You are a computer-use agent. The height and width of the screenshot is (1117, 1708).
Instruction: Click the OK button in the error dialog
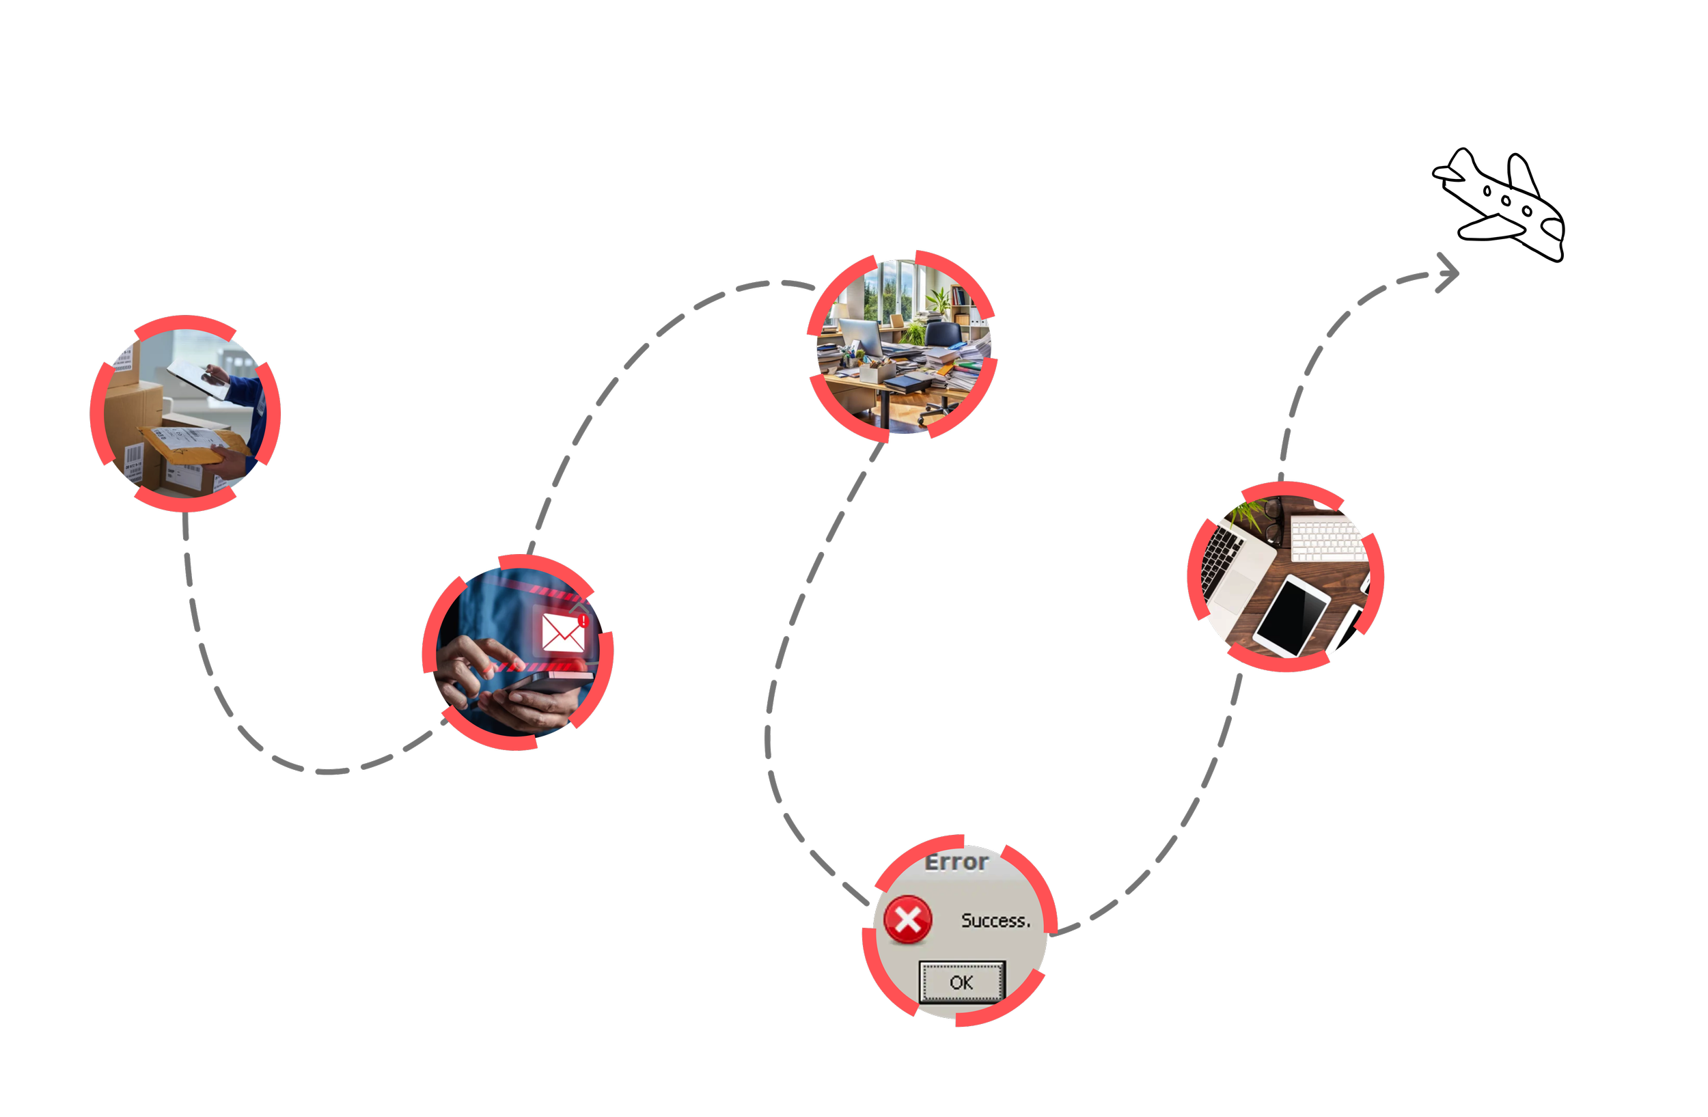962,982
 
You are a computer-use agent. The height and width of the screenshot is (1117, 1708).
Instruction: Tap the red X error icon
908,919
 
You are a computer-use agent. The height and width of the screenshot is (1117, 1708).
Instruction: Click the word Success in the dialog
995,920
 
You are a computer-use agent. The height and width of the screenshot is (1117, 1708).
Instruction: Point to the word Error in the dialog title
956,861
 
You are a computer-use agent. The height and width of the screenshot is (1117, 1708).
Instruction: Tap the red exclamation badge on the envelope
583,620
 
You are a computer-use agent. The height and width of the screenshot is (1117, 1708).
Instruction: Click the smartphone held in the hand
545,684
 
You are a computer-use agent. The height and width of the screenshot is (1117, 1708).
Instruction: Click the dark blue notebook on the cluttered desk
905,383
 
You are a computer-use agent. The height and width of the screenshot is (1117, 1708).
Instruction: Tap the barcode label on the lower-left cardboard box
134,458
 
